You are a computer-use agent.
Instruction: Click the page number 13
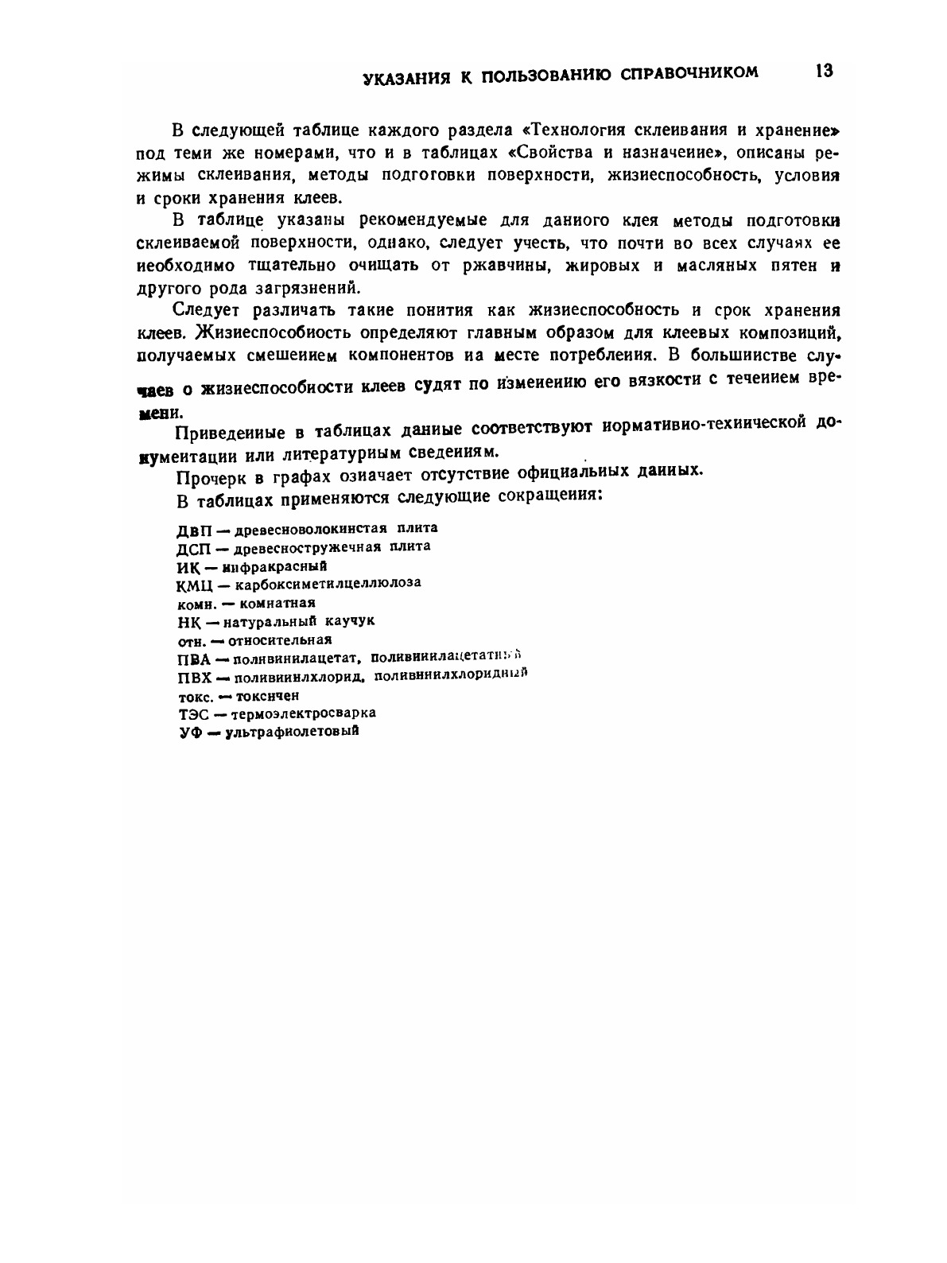tap(823, 71)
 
